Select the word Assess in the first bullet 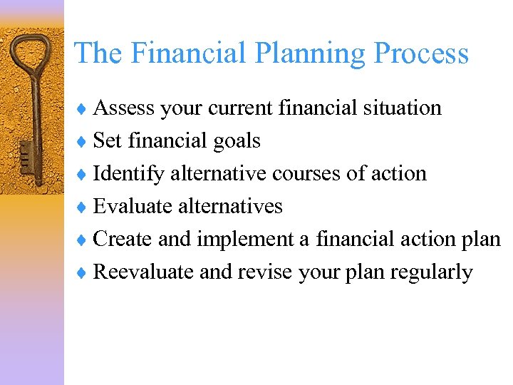click(124, 108)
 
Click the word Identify click(129, 173)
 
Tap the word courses click(320, 174)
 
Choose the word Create click(123, 239)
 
